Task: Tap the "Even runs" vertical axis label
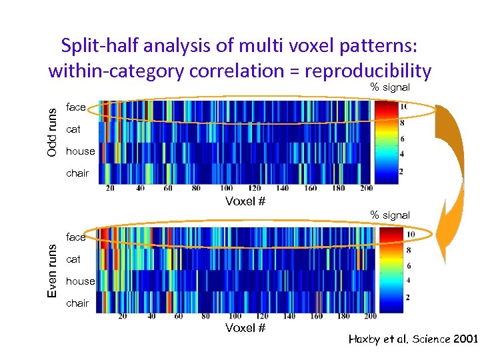coord(52,269)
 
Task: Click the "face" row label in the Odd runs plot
coord(76,107)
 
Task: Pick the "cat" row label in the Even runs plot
coord(73,259)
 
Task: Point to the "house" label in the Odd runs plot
coord(80,151)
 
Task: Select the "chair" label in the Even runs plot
coord(77,303)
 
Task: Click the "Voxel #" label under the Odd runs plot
coord(245,201)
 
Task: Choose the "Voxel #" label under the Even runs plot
coord(245,328)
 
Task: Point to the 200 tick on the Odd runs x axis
coord(365,189)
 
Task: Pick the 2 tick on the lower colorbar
coord(407,297)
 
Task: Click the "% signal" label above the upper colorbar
coord(390,87)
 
